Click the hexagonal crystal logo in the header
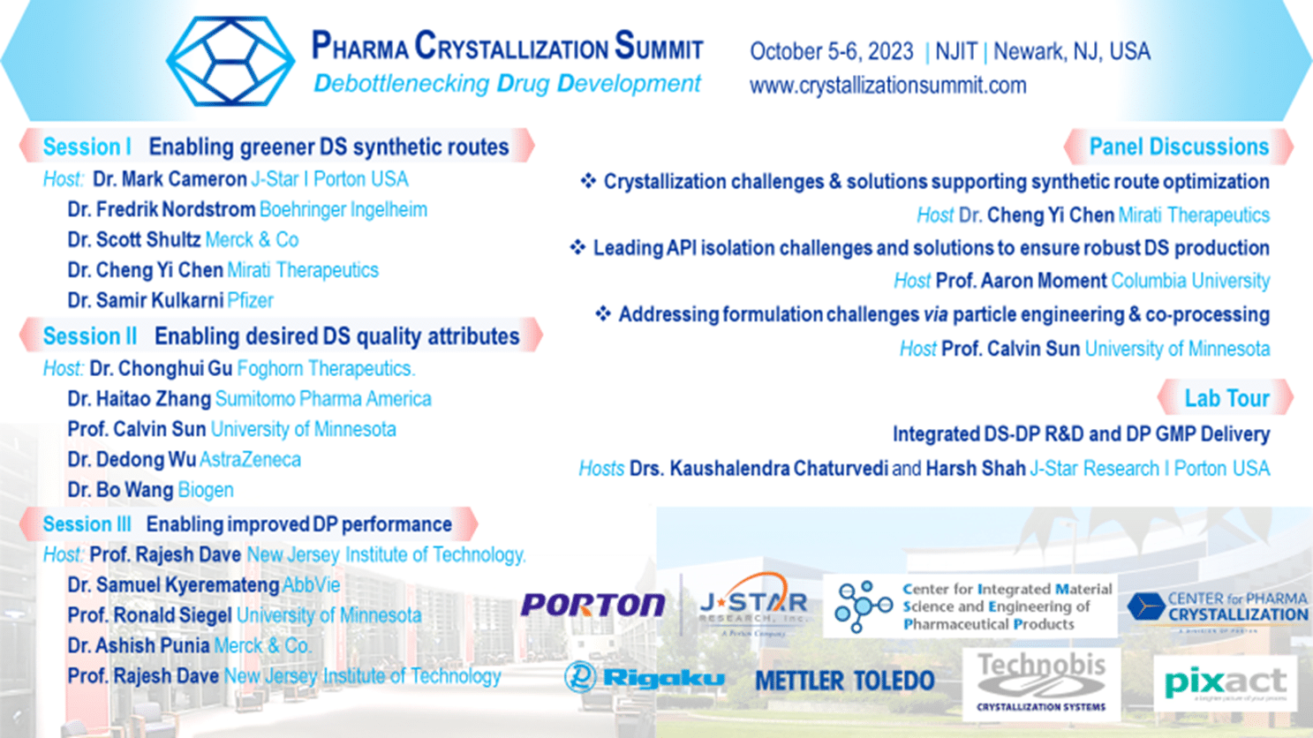[230, 62]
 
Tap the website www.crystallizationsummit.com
[887, 86]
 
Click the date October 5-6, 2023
[831, 52]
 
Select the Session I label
[87, 147]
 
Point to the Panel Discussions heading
[1178, 147]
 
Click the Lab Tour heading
[1226, 398]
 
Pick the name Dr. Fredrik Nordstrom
[162, 210]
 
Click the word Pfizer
[250, 301]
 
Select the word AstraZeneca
[250, 460]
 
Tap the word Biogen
[206, 490]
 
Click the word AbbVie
[311, 585]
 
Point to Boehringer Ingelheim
[343, 210]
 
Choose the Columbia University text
[1189, 282]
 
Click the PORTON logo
[592, 605]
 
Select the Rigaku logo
[645, 678]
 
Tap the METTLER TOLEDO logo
[844, 681]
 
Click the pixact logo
[1225, 682]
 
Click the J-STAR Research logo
[752, 606]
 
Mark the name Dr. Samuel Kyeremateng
[173, 585]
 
